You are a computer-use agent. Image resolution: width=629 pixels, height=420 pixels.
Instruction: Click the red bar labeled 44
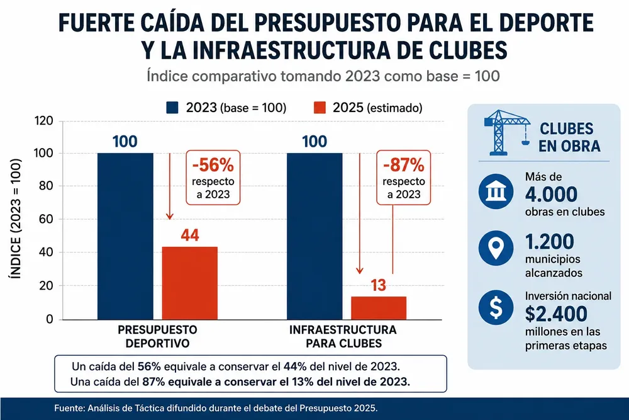pos(190,283)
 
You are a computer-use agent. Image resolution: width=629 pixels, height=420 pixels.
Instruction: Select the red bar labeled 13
pos(379,308)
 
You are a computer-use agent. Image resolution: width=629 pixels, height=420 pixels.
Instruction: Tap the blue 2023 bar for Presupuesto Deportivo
pos(125,236)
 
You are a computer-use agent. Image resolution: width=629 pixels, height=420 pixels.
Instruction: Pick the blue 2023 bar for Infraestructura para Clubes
pos(314,236)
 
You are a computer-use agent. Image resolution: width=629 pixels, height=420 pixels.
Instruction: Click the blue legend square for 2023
pos(172,108)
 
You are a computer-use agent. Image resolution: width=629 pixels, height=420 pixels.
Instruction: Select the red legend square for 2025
pos(320,108)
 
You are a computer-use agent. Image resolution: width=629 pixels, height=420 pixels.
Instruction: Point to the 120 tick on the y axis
pos(44,120)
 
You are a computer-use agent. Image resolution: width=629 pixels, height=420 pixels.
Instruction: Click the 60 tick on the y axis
pos(47,219)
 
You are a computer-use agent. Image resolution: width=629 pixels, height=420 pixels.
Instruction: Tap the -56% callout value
pos(213,164)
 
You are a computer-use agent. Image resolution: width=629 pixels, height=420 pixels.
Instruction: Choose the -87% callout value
pos(404,164)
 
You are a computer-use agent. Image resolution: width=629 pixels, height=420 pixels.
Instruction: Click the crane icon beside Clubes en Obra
pos(507,132)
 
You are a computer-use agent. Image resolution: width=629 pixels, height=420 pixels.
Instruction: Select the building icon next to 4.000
pos(496,191)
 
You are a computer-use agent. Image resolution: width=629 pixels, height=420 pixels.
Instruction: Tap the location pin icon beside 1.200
pos(496,247)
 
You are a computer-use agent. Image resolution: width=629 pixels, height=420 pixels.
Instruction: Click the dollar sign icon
pos(496,307)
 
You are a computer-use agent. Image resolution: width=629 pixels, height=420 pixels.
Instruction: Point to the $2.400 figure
pos(556,314)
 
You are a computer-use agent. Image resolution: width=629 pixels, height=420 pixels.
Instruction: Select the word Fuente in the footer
pos(69,409)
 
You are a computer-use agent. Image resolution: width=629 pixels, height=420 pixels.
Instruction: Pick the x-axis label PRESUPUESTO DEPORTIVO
pos(157,336)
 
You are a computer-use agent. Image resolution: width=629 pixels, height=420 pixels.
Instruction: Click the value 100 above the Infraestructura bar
pos(314,141)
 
